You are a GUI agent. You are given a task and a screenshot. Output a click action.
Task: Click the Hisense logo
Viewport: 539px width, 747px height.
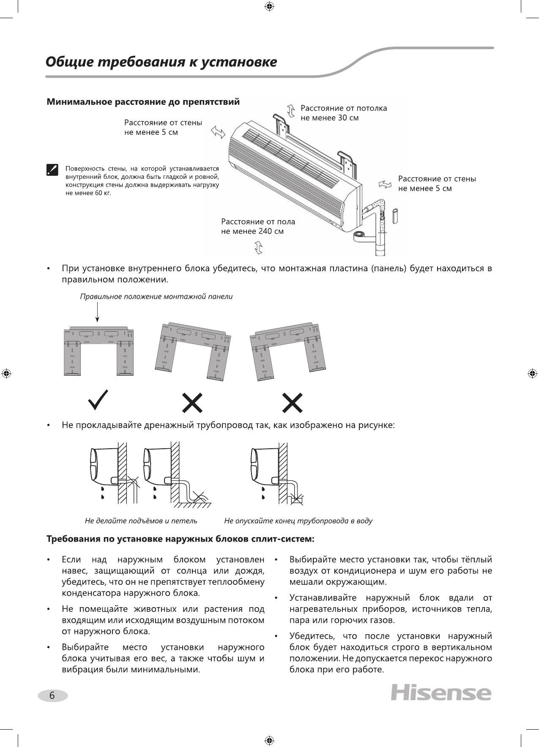[x=441, y=693]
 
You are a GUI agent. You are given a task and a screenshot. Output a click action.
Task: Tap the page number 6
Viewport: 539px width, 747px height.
[x=52, y=695]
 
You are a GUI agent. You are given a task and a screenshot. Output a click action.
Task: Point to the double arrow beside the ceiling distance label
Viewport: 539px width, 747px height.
[x=291, y=110]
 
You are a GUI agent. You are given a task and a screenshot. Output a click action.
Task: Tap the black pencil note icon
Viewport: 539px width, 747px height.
[x=52, y=170]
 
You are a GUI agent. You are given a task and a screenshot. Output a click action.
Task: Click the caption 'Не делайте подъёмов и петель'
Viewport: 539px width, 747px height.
[x=141, y=521]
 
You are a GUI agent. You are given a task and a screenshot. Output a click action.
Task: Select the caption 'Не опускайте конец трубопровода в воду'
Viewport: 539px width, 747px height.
[x=298, y=521]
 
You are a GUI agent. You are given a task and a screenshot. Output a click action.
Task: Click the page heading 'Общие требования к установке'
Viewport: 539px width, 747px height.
[x=161, y=63]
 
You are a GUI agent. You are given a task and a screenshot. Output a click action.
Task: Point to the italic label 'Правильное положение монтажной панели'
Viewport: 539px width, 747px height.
[x=156, y=297]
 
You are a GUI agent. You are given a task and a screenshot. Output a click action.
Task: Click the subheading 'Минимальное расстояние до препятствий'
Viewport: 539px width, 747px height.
[x=143, y=102]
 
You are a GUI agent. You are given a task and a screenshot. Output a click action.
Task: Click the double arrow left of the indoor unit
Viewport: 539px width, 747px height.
[x=218, y=132]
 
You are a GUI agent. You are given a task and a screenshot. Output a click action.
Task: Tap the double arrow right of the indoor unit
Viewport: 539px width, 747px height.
[x=386, y=183]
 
